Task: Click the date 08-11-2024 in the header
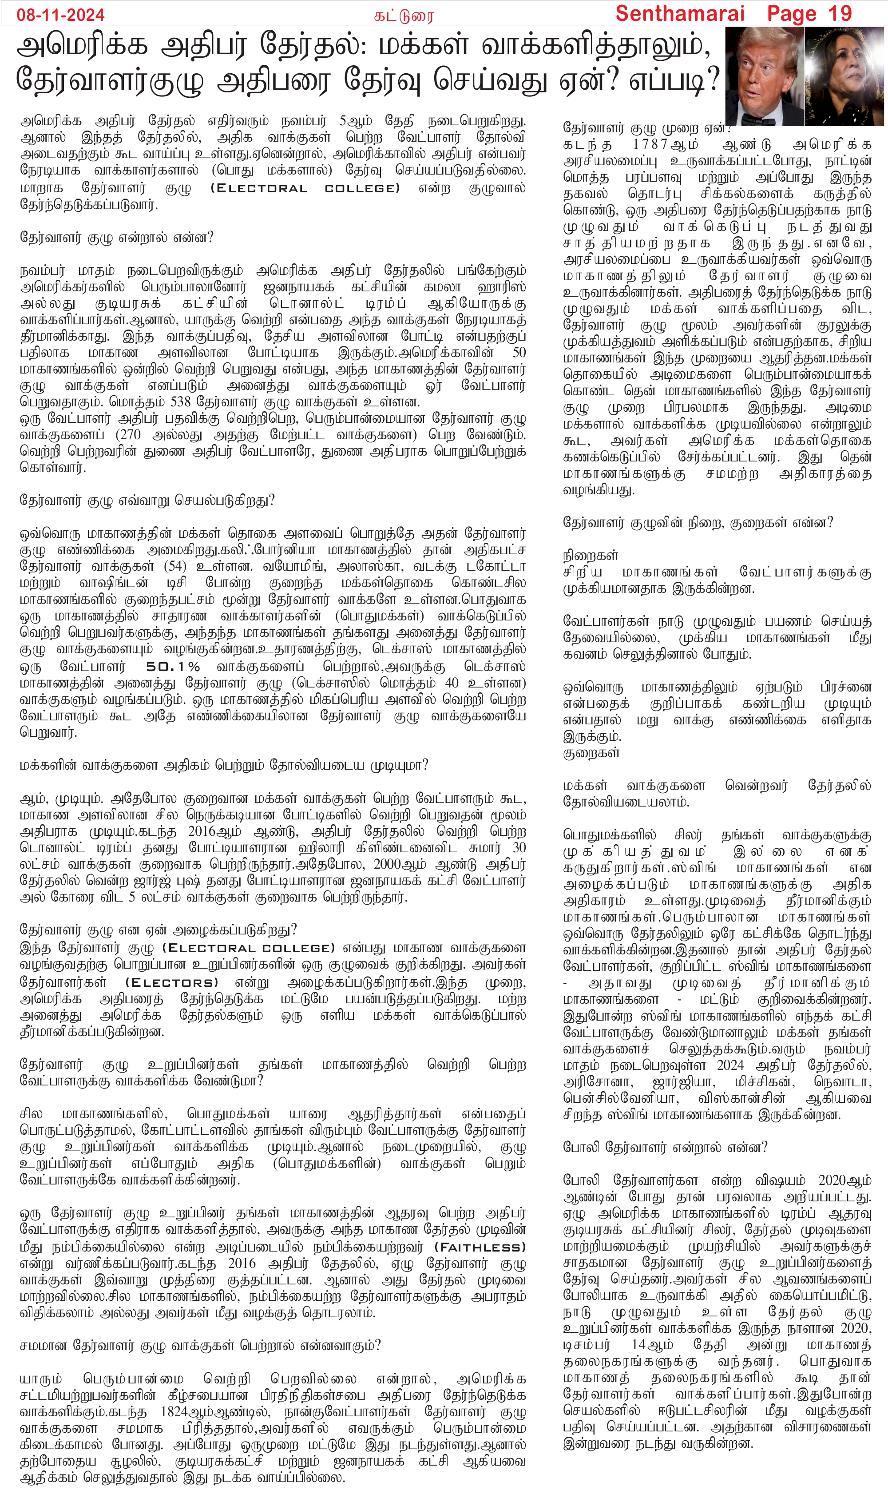(x=60, y=14)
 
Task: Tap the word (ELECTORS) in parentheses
(x=171, y=983)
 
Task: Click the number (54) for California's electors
(x=175, y=566)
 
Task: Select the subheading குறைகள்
(x=590, y=753)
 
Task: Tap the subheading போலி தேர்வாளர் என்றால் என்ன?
(x=665, y=1148)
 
